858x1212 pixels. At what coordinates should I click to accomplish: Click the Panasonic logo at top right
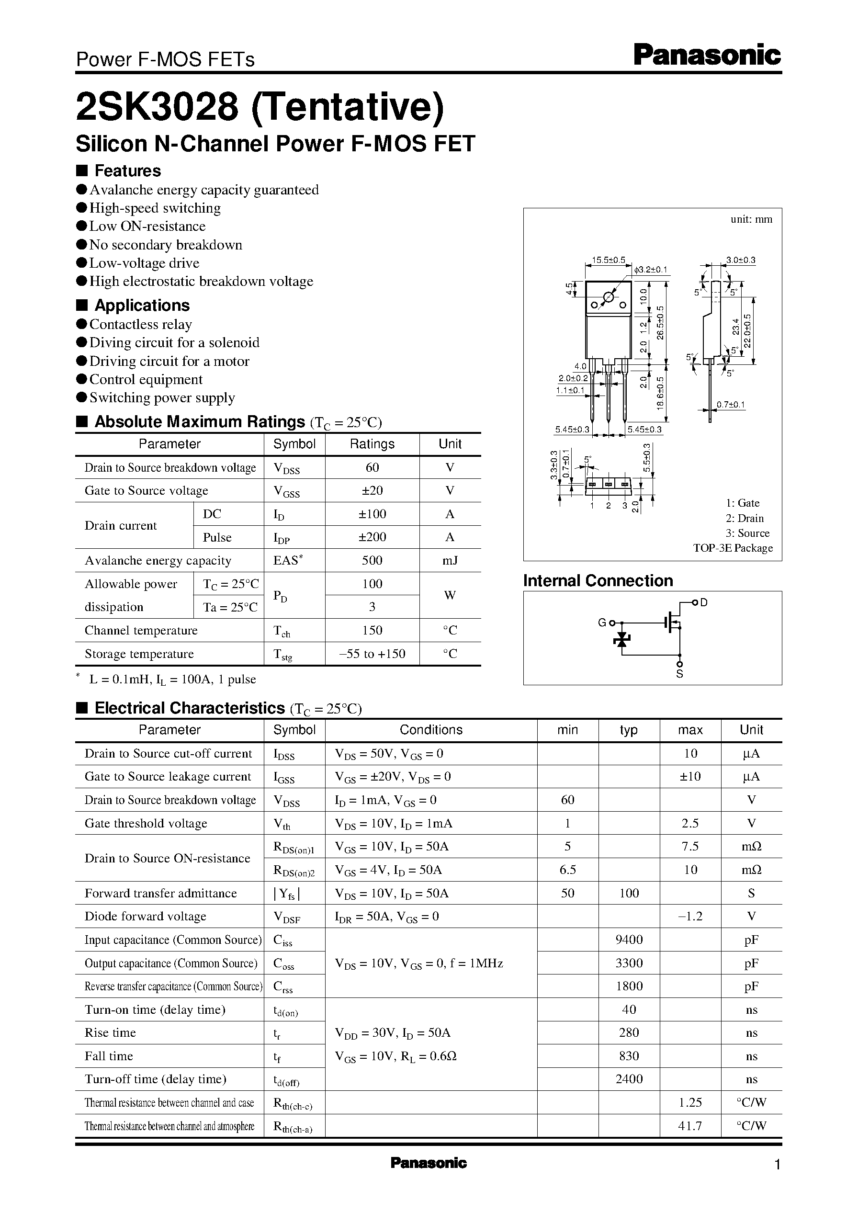click(706, 56)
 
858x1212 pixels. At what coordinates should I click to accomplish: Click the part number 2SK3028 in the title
click(158, 106)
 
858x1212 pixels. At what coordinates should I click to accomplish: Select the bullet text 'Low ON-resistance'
click(147, 226)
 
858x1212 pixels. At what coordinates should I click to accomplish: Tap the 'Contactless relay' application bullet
click(141, 324)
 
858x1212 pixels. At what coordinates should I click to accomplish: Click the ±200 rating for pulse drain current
click(372, 537)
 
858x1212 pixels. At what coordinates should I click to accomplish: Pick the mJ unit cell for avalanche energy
click(450, 560)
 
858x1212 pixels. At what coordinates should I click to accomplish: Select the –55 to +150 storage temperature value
click(372, 654)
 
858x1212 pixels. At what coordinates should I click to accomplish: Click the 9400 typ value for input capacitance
click(629, 940)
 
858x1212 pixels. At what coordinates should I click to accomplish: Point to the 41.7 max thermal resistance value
click(690, 1126)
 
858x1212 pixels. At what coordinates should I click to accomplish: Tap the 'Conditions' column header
click(430, 730)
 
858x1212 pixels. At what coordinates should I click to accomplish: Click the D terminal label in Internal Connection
click(704, 602)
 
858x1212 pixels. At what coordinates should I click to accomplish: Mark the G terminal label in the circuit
click(602, 623)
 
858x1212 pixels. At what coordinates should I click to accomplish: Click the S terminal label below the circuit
click(679, 674)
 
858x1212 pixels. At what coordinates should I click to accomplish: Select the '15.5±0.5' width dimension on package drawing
click(608, 260)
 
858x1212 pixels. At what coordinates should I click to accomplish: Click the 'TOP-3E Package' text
click(733, 548)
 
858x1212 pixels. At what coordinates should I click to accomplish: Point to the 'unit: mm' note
click(751, 219)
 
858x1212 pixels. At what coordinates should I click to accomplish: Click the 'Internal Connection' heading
click(598, 581)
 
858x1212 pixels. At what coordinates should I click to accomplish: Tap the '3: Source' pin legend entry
click(747, 533)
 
